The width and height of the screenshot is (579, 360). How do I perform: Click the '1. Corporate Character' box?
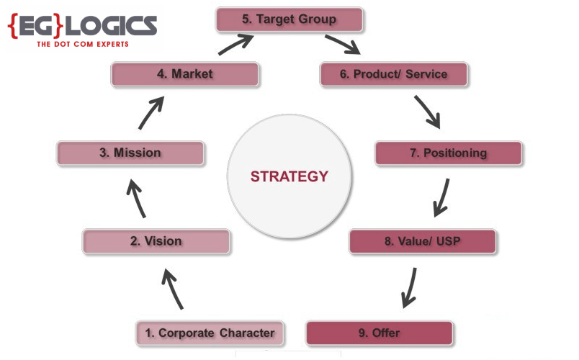pos(210,333)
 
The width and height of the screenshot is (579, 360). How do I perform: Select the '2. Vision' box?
pos(156,241)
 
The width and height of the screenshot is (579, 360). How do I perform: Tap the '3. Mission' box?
pos(130,153)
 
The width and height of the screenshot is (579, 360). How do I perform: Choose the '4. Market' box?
pos(184,74)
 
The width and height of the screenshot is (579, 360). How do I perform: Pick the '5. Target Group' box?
pos(289,19)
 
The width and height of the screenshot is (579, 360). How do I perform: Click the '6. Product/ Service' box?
pos(394,74)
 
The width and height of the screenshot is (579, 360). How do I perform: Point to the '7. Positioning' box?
pos(448,153)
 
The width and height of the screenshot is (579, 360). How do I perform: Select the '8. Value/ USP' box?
pos(423,241)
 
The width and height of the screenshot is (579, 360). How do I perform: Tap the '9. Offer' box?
pos(380,333)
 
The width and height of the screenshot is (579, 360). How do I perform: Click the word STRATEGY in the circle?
pos(289,176)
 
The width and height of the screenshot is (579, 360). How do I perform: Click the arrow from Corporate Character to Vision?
pos(174,289)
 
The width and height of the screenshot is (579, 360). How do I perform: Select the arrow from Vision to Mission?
pos(138,198)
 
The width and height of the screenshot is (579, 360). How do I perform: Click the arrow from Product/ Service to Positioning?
pos(426,112)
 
